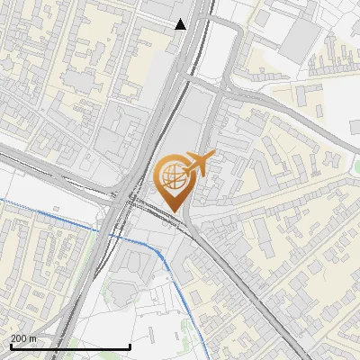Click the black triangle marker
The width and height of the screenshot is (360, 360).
pyautogui.click(x=181, y=24)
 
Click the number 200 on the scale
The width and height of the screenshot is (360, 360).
pyautogui.click(x=18, y=338)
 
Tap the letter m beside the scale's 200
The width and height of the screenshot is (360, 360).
pyautogui.click(x=33, y=338)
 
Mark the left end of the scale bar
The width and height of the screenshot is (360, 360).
pyautogui.click(x=10, y=346)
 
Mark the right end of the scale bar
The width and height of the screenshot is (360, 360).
pyautogui.click(x=130, y=346)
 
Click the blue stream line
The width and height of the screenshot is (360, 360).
pyautogui.click(x=54, y=215)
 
